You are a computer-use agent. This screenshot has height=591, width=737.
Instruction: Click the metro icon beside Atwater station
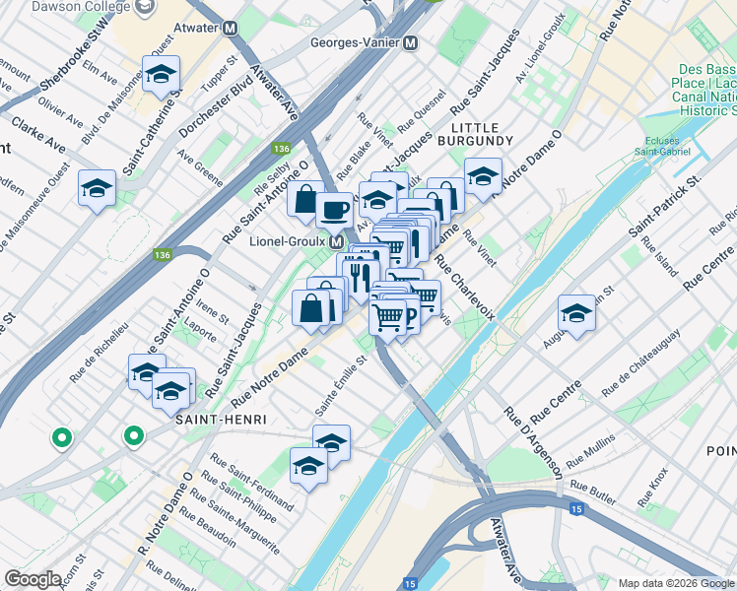tap(230, 29)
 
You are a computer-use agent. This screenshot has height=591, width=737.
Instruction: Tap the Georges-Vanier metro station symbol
tap(410, 43)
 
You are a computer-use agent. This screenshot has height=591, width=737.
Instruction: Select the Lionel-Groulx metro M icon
tap(336, 241)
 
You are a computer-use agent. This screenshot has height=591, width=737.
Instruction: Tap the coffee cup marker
tap(335, 209)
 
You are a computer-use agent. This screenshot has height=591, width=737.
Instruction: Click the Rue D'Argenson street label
tap(532, 442)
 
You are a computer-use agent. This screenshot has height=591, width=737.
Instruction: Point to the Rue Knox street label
tap(657, 487)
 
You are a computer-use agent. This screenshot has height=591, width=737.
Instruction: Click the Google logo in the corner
tap(33, 578)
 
